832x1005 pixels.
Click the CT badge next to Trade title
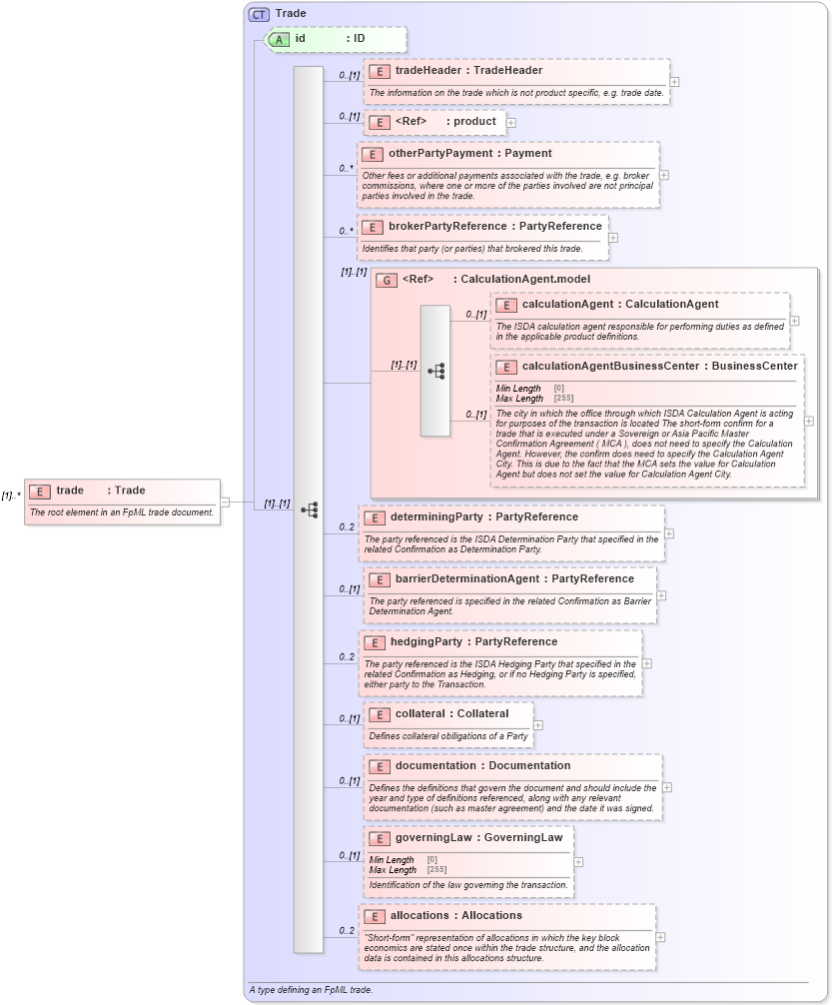click(x=260, y=14)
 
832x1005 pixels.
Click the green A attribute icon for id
click(x=279, y=39)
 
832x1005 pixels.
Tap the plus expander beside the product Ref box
click(x=511, y=123)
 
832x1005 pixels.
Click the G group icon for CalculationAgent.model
click(x=386, y=280)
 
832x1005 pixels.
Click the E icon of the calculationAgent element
click(x=506, y=305)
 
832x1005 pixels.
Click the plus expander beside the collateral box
click(x=538, y=725)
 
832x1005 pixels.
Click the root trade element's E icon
click(x=40, y=491)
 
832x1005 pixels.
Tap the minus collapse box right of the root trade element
click(x=226, y=502)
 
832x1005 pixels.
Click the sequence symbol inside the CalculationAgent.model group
click(x=435, y=371)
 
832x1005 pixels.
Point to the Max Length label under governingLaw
click(x=393, y=870)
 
